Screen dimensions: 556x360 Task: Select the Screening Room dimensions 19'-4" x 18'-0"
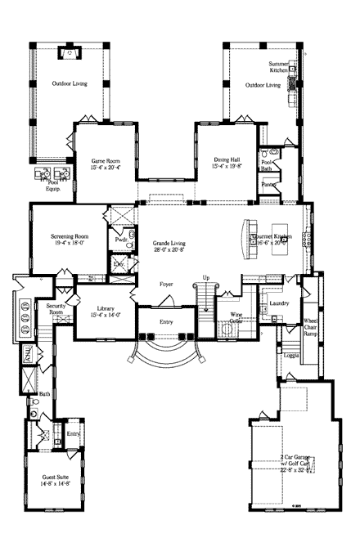point(70,243)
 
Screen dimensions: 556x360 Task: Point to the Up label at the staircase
point(206,277)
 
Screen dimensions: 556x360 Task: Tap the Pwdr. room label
point(119,241)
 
